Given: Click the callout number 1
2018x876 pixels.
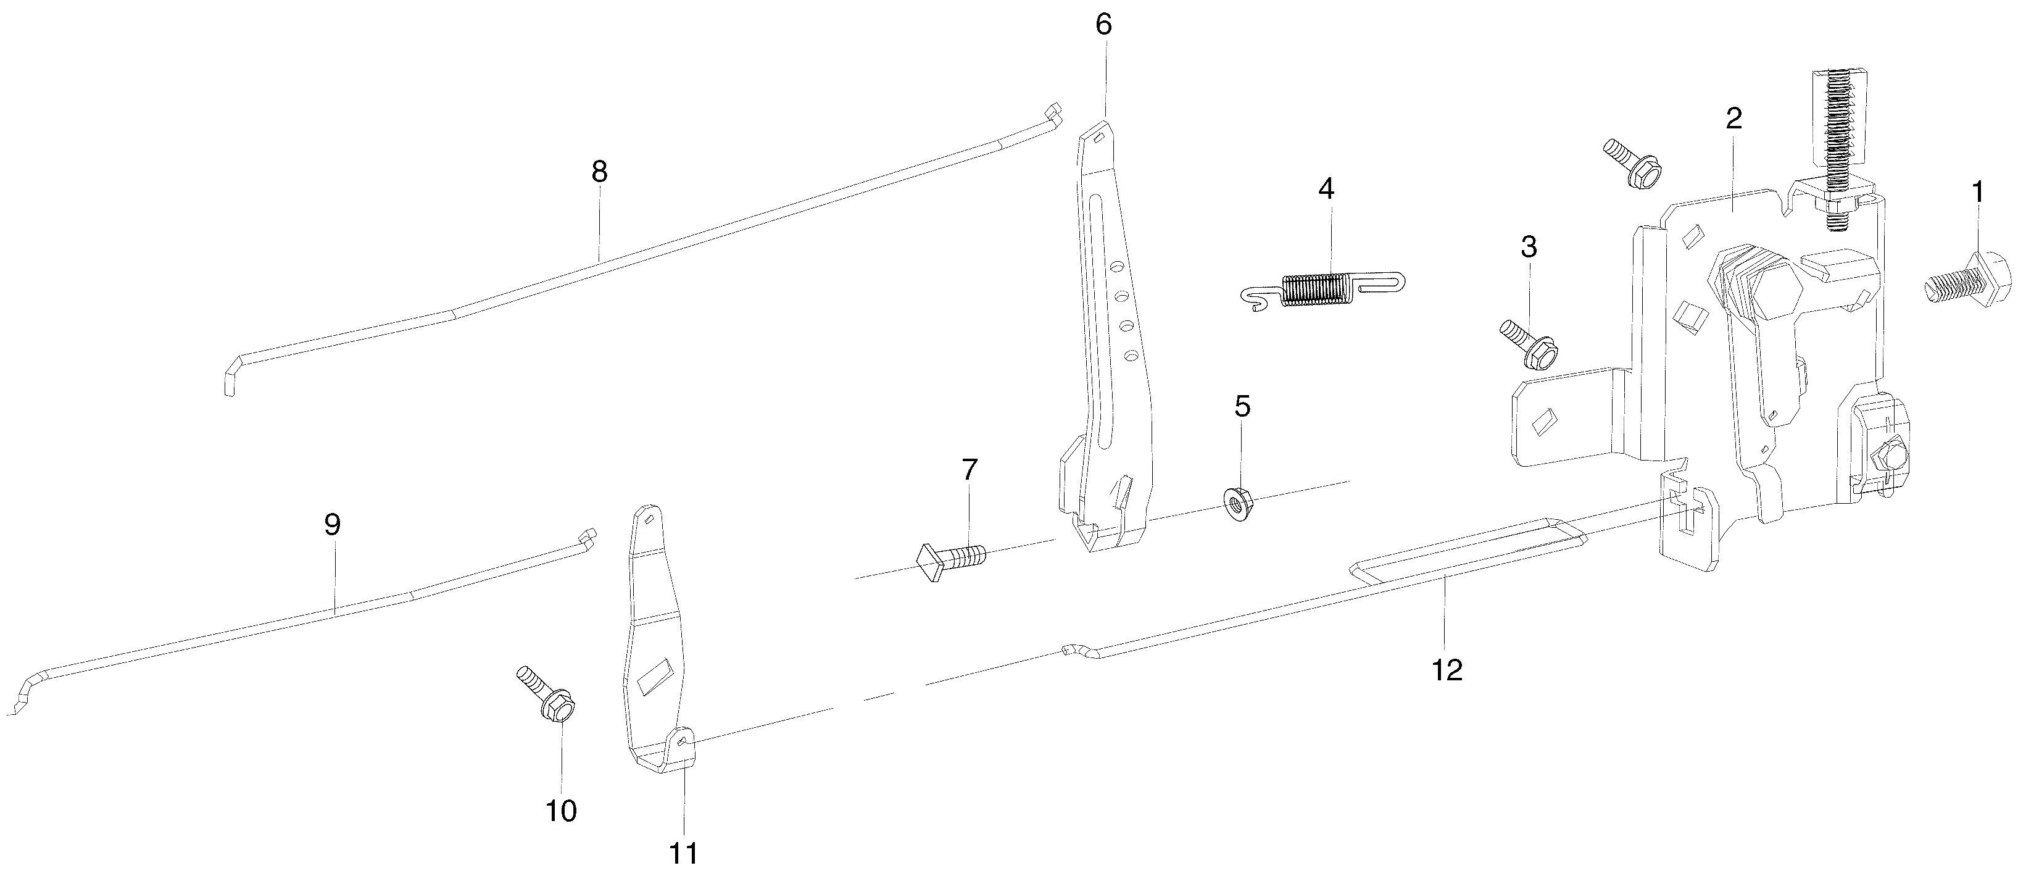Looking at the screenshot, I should point(1978,192).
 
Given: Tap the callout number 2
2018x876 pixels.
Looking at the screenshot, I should point(1734,119).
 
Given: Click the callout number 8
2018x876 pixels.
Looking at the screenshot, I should point(599,172).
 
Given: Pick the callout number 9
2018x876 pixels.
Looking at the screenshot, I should point(332,525).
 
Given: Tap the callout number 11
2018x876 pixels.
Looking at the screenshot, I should point(683,853).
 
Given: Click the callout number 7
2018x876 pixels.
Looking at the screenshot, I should point(970,470).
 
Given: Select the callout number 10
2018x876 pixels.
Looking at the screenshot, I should point(561,811).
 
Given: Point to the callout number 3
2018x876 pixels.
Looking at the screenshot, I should point(1529,247).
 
